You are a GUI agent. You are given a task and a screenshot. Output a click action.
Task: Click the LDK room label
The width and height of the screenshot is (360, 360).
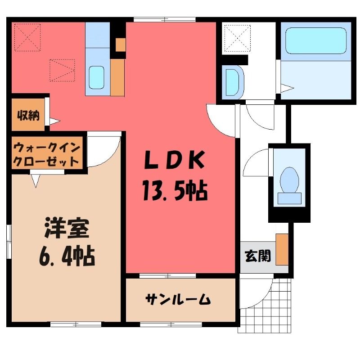click(173, 160)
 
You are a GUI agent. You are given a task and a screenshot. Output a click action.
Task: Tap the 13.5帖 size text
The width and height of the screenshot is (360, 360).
click(175, 190)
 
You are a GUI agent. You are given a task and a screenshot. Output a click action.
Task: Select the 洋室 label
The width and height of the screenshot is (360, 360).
click(67, 229)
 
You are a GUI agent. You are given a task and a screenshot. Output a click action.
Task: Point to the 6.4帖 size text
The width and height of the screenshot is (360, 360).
click(67, 256)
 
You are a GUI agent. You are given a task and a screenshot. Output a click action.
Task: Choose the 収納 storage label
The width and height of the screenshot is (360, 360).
click(28, 116)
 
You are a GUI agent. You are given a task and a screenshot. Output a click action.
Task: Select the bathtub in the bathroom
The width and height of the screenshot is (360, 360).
click(316, 40)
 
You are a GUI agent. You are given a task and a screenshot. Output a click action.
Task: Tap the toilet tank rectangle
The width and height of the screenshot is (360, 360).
click(289, 198)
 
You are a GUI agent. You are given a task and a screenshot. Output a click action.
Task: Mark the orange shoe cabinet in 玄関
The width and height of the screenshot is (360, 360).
click(282, 250)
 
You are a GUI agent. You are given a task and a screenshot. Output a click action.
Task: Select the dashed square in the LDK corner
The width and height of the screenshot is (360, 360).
click(27, 37)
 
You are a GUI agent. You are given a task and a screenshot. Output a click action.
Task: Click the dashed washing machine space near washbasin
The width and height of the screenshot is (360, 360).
click(237, 38)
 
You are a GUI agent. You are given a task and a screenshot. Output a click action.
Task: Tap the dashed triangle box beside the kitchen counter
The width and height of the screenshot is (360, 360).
click(63, 70)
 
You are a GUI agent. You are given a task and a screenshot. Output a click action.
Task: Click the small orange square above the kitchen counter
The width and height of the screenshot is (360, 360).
click(121, 45)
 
